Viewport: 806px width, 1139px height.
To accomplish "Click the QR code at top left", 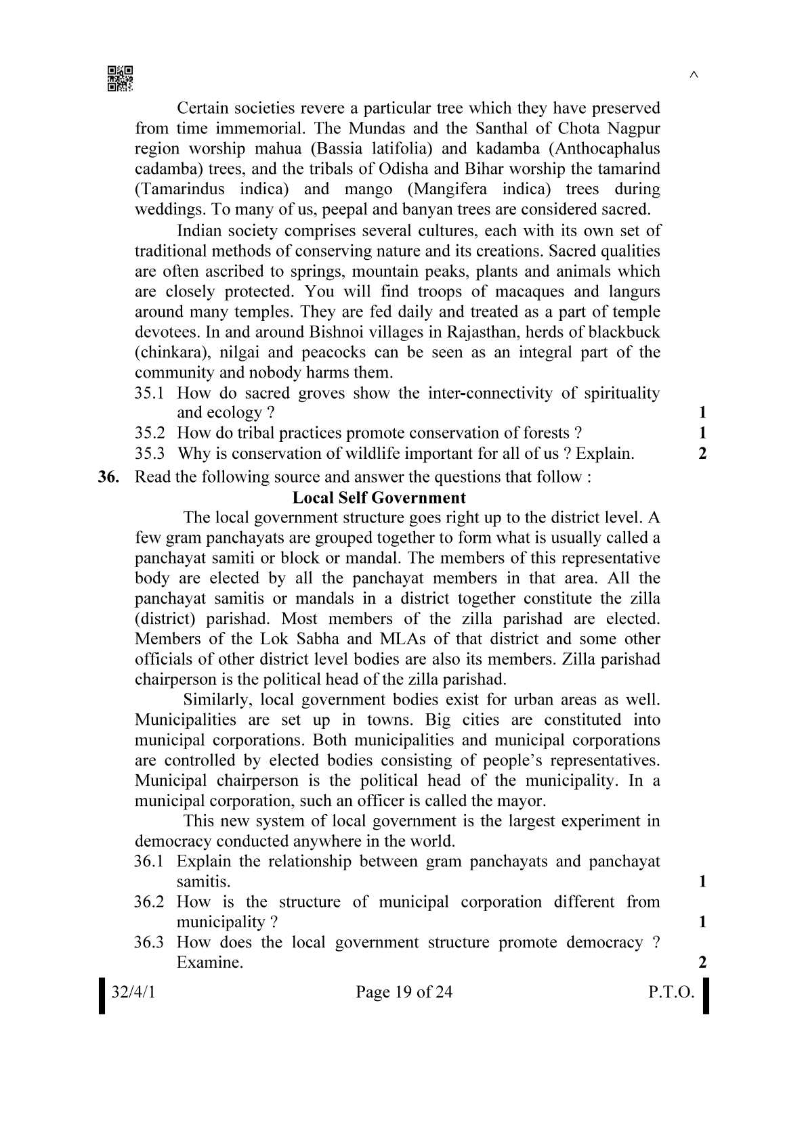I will [120, 79].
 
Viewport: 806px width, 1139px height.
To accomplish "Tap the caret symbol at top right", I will [693, 75].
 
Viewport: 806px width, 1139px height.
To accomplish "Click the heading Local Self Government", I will [379, 497].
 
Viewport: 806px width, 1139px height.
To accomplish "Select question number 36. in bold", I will [108, 476].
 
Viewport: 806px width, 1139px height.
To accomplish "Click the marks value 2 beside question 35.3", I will [702, 453].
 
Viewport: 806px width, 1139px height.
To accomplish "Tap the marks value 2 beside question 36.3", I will [702, 962].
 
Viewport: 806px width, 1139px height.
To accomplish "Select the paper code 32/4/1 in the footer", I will [133, 992].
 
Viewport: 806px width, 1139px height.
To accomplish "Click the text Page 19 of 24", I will [404, 992].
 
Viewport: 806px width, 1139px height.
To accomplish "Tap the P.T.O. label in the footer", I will [671, 992].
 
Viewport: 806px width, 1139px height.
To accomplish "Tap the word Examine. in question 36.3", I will [209, 962].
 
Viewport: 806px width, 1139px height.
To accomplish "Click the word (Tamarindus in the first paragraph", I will [179, 189].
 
